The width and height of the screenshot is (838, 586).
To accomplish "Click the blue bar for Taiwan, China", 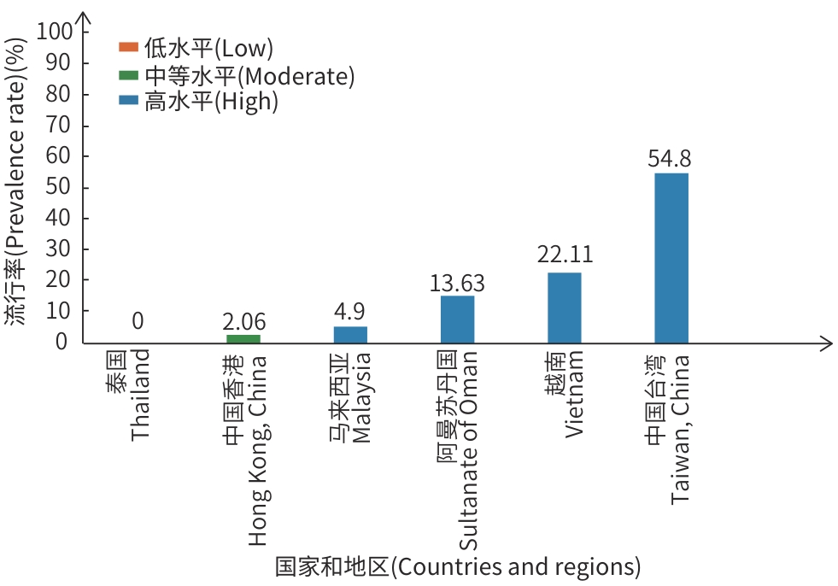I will coord(671,257).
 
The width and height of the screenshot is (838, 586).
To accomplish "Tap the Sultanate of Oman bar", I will coord(457,319).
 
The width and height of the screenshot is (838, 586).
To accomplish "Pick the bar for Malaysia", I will coord(350,334).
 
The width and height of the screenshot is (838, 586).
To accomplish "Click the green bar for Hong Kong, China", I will coord(243,338).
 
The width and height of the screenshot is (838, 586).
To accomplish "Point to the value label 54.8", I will coord(671,158).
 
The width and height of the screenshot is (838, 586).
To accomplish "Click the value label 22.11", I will coord(565,255).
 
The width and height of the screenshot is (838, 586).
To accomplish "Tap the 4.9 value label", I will coord(350,311).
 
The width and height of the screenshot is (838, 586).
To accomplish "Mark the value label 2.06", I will coord(243,321).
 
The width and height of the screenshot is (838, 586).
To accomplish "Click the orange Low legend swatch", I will coord(129,47).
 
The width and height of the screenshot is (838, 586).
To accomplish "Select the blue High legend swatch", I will coord(129,101).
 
